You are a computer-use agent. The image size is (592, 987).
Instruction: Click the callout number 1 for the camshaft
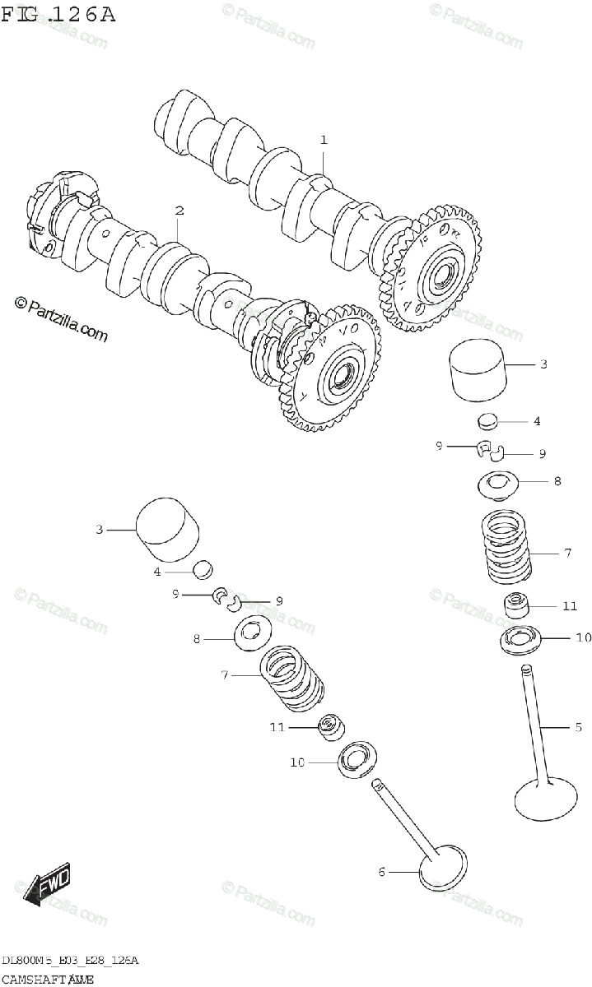(x=324, y=141)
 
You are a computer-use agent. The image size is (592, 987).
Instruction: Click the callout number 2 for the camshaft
(x=178, y=211)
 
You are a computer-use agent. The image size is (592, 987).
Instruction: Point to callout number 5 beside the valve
(x=578, y=726)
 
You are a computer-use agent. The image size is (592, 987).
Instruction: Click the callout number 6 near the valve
(x=381, y=871)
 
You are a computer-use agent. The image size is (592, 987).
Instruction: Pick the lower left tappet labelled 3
(x=167, y=523)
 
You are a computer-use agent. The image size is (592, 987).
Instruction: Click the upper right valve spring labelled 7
(x=506, y=547)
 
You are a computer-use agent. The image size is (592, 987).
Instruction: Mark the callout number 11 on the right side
(x=571, y=606)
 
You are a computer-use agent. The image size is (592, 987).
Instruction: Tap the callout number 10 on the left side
(x=297, y=762)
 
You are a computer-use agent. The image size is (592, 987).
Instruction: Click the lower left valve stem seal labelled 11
(x=331, y=726)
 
